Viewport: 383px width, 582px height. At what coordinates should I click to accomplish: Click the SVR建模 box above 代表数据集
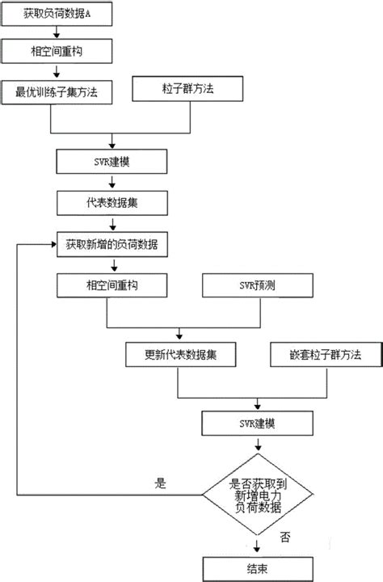tap(112, 161)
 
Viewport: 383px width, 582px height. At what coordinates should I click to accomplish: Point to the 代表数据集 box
tap(112, 201)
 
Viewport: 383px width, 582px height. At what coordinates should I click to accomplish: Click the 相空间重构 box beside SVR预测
tap(112, 285)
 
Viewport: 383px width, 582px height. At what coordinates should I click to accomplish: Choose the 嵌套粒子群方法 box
tap(325, 354)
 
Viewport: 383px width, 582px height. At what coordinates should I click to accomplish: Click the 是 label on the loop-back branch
tap(159, 483)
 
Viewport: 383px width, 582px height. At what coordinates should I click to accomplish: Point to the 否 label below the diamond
tap(284, 536)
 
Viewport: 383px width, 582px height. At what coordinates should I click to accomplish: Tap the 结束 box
tap(259, 568)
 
